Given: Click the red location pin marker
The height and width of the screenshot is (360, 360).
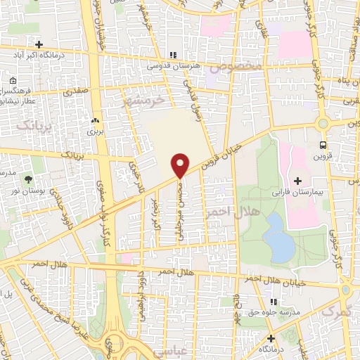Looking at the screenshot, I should coord(180,165).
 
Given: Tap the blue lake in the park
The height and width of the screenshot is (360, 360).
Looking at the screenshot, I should coord(279,237).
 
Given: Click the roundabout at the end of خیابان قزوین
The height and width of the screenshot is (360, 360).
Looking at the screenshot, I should coord(323,124).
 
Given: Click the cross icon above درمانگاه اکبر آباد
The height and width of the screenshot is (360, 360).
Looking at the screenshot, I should coord(49,45).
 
